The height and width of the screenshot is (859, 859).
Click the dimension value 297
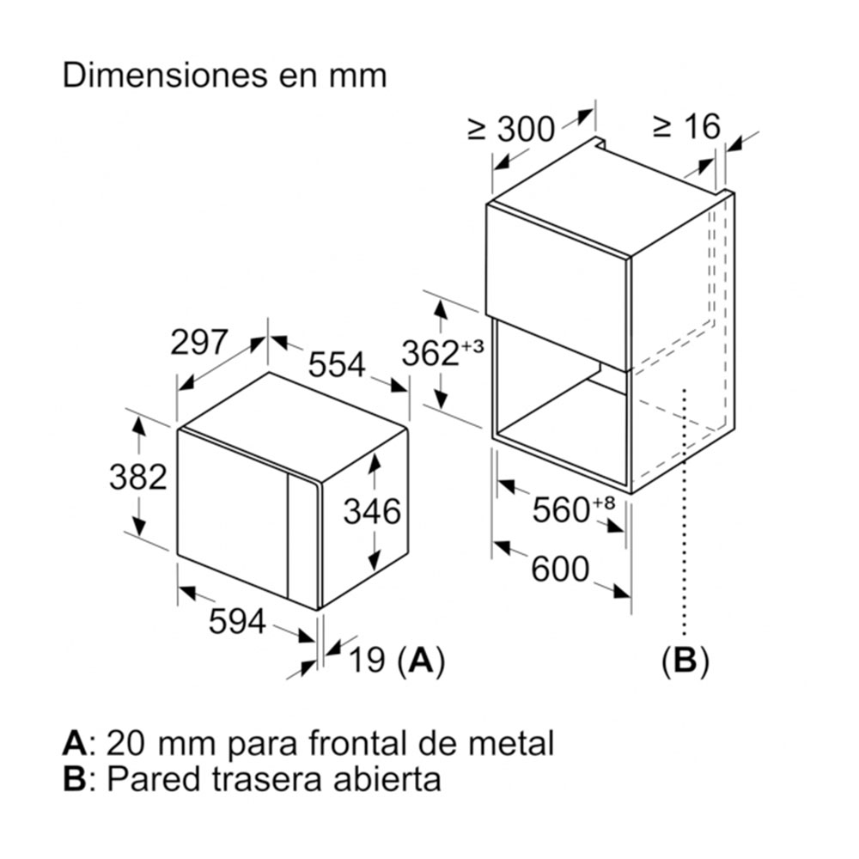pos(198,343)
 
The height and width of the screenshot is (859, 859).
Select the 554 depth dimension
pos(338,365)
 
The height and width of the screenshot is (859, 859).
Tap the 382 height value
pos(137,476)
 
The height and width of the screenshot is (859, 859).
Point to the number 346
pos(372,512)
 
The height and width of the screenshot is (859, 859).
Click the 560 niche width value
pos(563,510)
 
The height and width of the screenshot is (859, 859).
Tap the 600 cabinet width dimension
pos(560,569)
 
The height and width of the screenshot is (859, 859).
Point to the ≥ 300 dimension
pos(511,129)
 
